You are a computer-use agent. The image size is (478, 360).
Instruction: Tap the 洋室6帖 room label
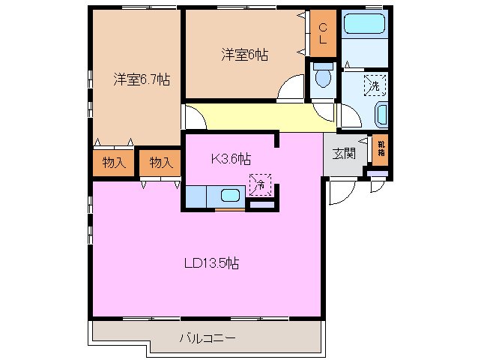click(245, 55)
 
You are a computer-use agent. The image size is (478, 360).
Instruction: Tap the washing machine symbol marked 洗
click(373, 86)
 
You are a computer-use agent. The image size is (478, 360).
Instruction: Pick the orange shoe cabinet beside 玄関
click(381, 148)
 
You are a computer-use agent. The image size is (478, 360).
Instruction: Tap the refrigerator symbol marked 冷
click(259, 183)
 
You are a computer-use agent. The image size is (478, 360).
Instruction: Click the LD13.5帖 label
click(212, 263)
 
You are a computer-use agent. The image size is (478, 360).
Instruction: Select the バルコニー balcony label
click(208, 338)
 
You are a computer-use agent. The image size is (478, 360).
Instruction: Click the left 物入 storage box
click(114, 162)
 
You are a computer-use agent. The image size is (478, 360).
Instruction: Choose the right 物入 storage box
click(160, 162)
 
